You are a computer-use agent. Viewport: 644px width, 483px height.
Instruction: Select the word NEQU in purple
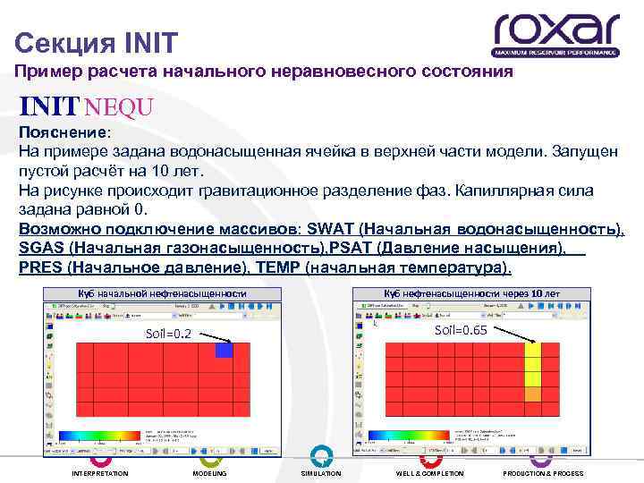point(120,107)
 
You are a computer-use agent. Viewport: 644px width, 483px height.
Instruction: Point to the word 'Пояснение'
point(63,131)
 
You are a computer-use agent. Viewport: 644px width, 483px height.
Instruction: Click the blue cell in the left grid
point(224,352)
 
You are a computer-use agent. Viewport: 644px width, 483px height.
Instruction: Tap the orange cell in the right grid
point(532,394)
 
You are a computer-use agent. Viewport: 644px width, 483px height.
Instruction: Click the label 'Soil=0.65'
point(460,330)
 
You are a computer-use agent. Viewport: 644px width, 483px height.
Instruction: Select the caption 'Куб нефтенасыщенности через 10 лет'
point(471,294)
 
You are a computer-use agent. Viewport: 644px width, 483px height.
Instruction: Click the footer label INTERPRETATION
point(100,473)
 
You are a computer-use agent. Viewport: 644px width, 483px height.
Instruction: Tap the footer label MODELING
point(210,473)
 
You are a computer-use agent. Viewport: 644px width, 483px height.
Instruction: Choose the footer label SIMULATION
point(321,473)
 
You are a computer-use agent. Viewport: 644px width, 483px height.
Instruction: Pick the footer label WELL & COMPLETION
point(430,473)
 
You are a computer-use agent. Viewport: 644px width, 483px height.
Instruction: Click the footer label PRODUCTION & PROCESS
point(543,473)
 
